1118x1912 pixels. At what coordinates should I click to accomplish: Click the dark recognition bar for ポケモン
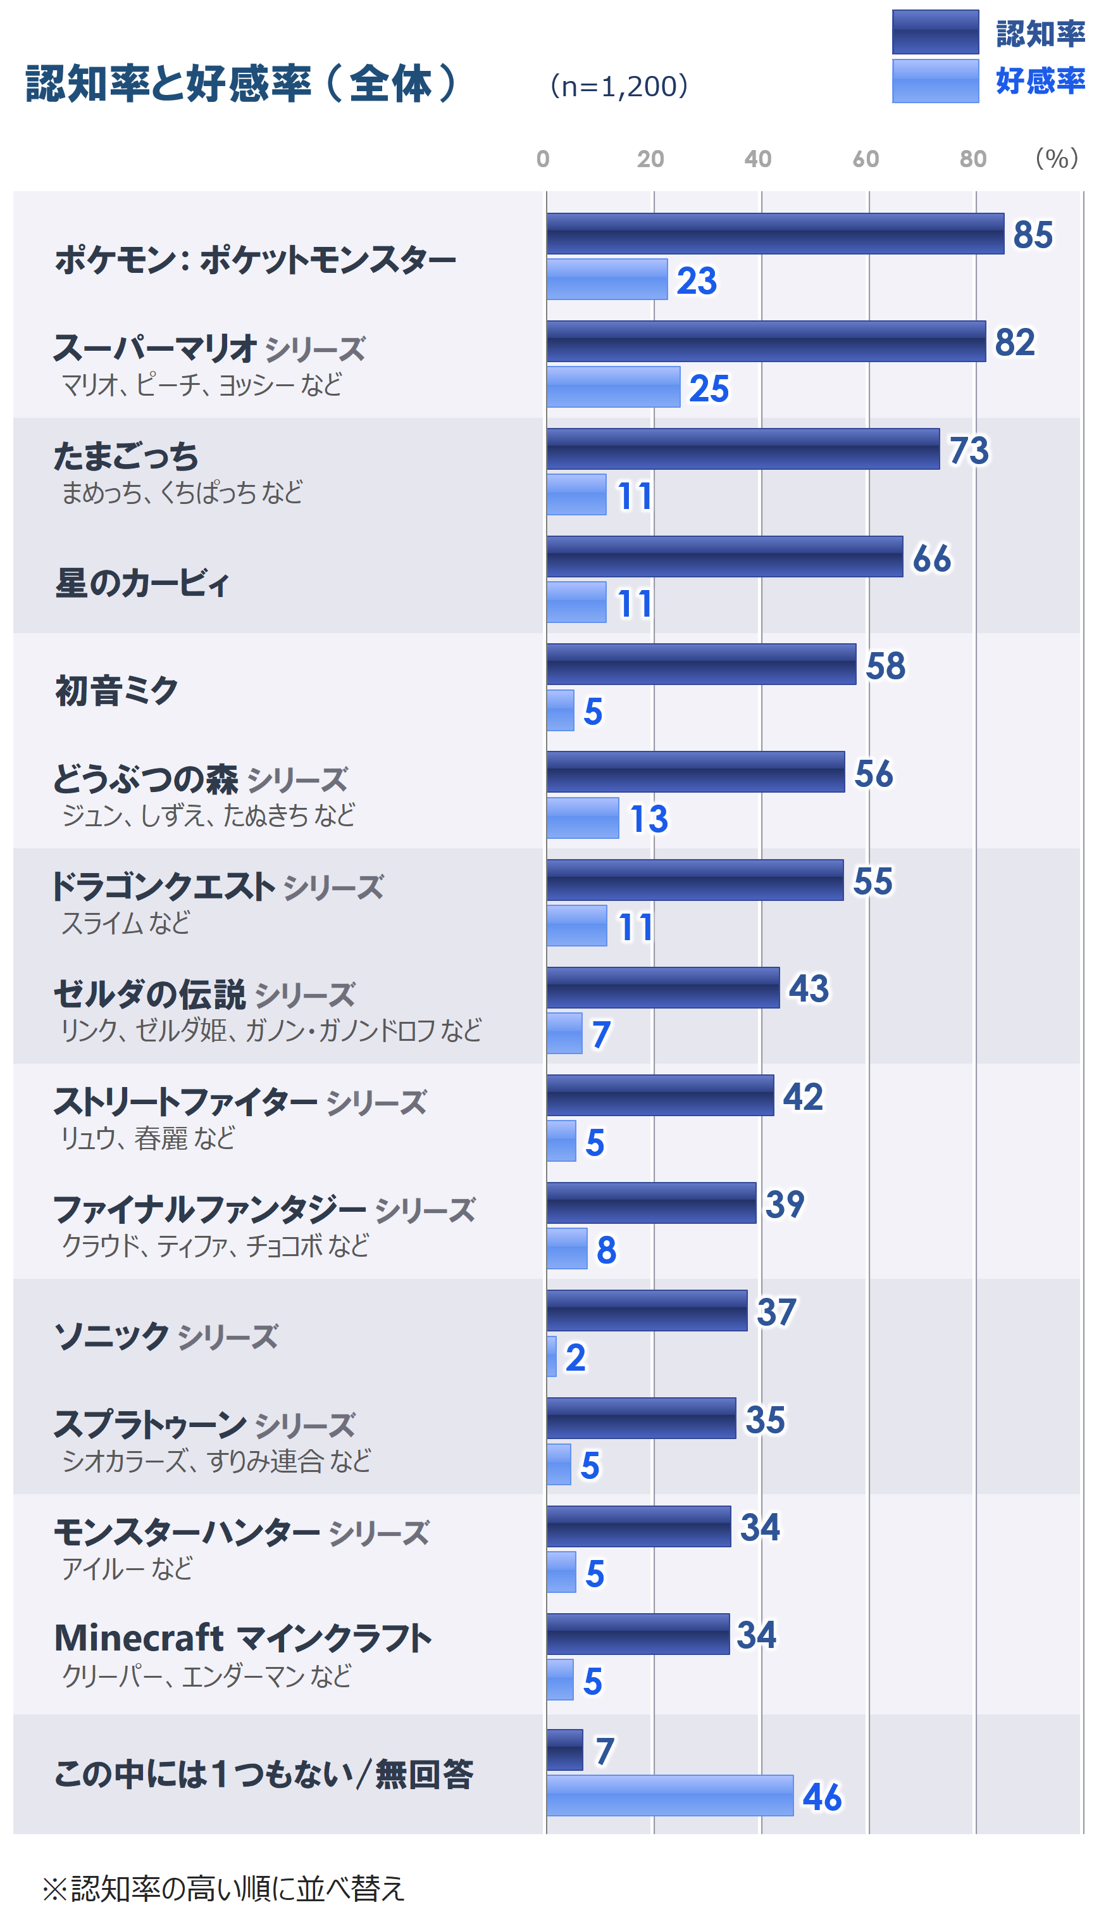774,234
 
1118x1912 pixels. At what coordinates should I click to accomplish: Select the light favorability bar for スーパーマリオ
613,387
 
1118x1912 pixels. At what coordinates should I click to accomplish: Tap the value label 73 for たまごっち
969,450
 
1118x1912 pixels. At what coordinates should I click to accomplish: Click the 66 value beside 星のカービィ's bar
931,558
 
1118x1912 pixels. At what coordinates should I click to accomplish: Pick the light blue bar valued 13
583,818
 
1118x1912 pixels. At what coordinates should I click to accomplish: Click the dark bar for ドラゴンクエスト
695,880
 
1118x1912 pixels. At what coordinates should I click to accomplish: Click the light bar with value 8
566,1248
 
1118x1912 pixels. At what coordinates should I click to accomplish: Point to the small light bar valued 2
552,1356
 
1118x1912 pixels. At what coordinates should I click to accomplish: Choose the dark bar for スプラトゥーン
641,1418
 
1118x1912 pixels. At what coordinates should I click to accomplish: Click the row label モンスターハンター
187,1533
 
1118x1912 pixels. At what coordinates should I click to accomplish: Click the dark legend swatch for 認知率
935,32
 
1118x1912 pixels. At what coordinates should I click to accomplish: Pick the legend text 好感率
1040,80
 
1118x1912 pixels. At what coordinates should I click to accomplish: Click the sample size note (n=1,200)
619,85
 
